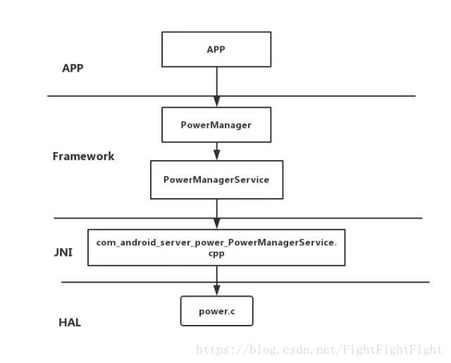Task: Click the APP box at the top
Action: (x=216, y=49)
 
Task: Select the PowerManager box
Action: (x=216, y=125)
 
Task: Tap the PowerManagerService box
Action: (x=216, y=180)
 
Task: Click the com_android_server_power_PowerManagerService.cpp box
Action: (x=216, y=247)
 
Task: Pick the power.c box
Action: (x=216, y=311)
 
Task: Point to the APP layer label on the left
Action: (x=73, y=68)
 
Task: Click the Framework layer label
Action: (x=83, y=156)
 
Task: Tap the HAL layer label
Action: (x=70, y=323)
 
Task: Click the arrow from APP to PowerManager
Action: (x=216, y=87)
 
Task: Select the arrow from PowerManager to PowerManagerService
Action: (x=216, y=151)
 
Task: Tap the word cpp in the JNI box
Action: (x=216, y=254)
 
